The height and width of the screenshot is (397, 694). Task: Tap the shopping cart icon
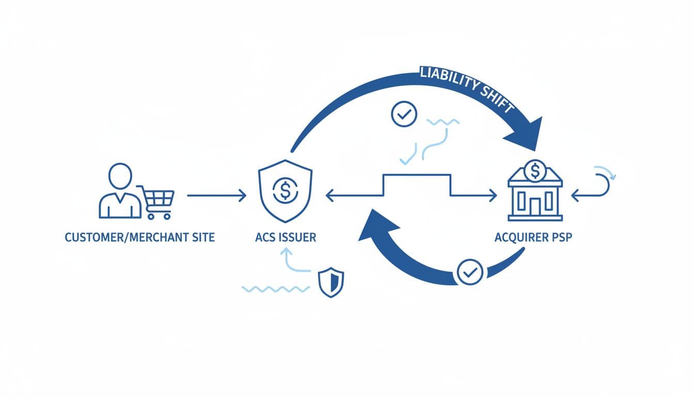coord(158,202)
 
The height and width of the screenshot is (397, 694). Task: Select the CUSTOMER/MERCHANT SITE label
coord(139,238)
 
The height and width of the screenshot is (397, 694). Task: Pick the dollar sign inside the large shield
coord(283,191)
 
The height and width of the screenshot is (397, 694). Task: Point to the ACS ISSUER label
coord(286,238)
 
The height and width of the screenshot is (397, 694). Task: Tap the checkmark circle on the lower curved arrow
coord(470,272)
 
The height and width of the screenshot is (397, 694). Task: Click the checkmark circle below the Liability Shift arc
coord(404,114)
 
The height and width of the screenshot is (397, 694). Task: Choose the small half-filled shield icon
coord(331,282)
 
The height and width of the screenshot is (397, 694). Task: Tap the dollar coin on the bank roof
coord(535,170)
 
